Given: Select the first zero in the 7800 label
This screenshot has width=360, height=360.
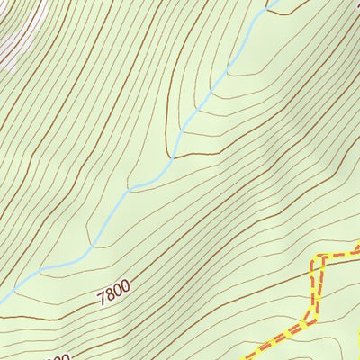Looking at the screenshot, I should point(119,290).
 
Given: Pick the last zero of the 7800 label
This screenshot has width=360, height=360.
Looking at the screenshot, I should point(126,286).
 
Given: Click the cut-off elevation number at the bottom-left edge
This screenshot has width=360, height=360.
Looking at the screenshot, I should point(58,356).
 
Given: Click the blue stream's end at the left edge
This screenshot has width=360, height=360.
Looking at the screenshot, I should point(2,301).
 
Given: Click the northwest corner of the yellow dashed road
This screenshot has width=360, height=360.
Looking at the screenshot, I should point(314,262).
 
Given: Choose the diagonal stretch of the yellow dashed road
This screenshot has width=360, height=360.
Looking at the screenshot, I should point(279,337).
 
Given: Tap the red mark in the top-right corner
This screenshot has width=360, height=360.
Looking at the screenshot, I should point(355,3).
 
